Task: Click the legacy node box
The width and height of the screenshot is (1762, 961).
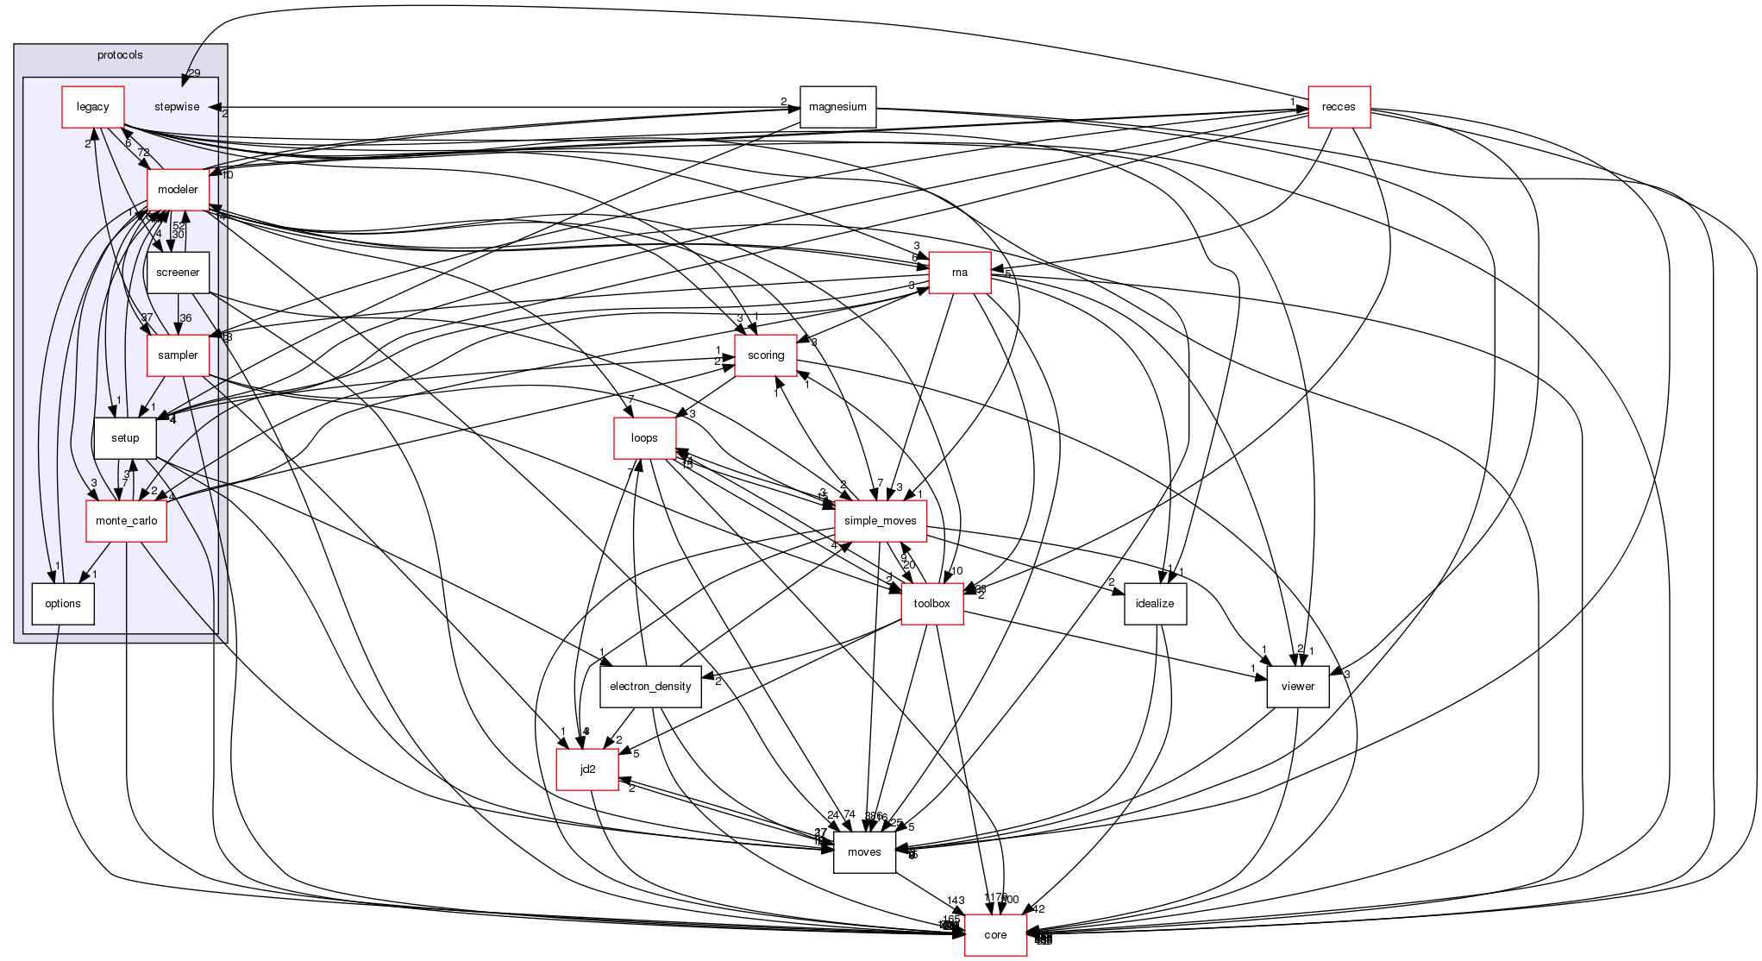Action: pyautogui.click(x=93, y=107)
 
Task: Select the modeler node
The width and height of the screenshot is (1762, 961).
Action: pyautogui.click(x=178, y=190)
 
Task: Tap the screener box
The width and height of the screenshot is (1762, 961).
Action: pyautogui.click(x=178, y=273)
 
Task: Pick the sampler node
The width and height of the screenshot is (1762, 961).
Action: pyautogui.click(x=178, y=355)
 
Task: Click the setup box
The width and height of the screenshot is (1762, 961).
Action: pyautogui.click(x=125, y=438)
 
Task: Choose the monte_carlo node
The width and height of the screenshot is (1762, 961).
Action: pyautogui.click(x=126, y=521)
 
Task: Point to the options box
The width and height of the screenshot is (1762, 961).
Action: pyautogui.click(x=63, y=604)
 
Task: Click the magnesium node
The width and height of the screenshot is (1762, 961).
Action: pyautogui.click(x=837, y=107)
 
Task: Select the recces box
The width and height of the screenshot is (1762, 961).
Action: pyautogui.click(x=1339, y=107)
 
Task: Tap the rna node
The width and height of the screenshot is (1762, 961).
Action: pyautogui.click(x=959, y=273)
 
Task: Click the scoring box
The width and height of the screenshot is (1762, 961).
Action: pyautogui.click(x=765, y=355)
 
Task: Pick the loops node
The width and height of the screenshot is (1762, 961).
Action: pyautogui.click(x=644, y=438)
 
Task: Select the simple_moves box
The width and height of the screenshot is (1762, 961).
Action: pyautogui.click(x=880, y=521)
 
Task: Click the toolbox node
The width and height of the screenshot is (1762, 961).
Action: pyautogui.click(x=931, y=604)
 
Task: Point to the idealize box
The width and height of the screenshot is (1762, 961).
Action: pyautogui.click(x=1155, y=604)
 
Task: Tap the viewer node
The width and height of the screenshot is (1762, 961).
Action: pyautogui.click(x=1297, y=687)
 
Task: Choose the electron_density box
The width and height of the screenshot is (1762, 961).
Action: pyautogui.click(x=650, y=687)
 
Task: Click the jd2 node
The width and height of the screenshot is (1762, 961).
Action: pyautogui.click(x=587, y=769)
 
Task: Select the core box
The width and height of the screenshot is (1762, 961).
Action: pyautogui.click(x=995, y=935)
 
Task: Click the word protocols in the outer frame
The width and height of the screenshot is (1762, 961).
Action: pyautogui.click(x=120, y=55)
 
